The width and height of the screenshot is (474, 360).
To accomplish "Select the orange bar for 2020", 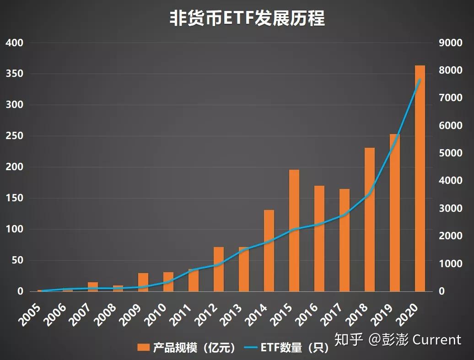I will (420, 178).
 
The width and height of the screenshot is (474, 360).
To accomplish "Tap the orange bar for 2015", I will (294, 231).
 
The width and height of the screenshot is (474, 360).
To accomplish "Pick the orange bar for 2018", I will (370, 220).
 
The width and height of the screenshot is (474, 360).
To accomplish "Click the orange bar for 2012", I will (219, 269).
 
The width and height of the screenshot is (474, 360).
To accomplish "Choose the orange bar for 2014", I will (269, 251).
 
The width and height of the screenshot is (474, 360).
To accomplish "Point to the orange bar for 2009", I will (143, 282).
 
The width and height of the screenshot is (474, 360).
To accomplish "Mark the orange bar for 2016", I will (319, 238).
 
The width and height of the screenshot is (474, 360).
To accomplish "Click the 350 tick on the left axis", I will (14, 74).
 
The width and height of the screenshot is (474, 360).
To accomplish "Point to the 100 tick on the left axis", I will (14, 230).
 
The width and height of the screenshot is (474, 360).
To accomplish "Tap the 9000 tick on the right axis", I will (450, 43).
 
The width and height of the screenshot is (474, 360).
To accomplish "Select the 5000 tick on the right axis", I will (450, 153).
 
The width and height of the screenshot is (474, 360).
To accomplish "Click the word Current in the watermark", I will (437, 340).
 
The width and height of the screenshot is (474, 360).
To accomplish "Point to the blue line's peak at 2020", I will (420, 80).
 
